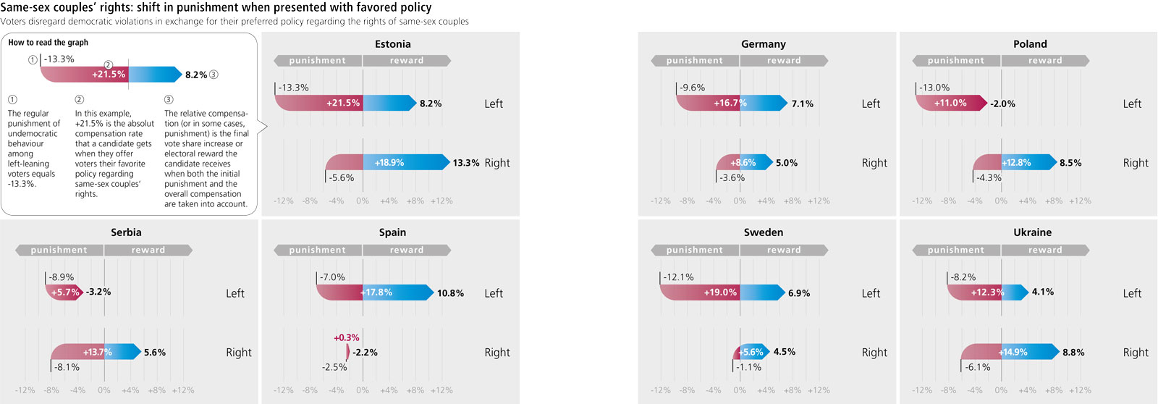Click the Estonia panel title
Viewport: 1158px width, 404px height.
(x=392, y=44)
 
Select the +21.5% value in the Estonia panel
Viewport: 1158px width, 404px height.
(x=342, y=103)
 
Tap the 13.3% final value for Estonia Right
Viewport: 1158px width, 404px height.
(x=465, y=163)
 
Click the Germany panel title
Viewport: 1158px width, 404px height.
(x=763, y=44)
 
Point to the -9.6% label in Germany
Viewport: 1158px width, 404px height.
(x=692, y=88)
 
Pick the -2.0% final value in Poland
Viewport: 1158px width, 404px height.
(x=1002, y=104)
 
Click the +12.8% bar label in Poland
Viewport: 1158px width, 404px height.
(x=1017, y=163)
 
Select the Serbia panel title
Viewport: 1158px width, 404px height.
(x=126, y=232)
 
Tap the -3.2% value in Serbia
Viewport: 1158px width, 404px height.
(x=98, y=292)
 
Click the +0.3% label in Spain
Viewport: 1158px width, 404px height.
(x=346, y=337)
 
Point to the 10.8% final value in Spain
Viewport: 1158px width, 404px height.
(x=450, y=293)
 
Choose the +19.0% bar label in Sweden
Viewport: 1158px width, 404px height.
(x=720, y=293)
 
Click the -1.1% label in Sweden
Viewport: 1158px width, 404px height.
(x=748, y=367)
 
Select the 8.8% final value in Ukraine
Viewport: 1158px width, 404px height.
(x=1073, y=353)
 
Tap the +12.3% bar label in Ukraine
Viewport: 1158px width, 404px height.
(x=987, y=293)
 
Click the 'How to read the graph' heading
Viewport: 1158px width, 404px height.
(x=48, y=43)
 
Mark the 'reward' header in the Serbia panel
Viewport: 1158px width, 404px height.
(x=148, y=250)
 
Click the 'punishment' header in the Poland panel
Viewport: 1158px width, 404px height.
(x=955, y=61)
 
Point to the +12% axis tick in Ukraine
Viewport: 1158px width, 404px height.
(x=1080, y=390)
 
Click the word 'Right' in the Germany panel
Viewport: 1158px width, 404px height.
(x=874, y=163)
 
